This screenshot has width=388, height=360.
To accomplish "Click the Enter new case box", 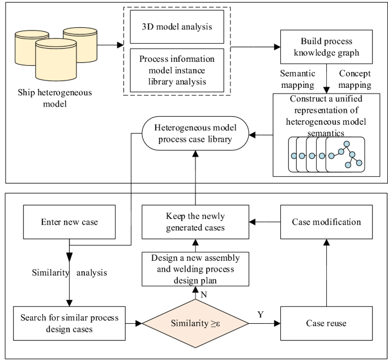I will tap(70, 222).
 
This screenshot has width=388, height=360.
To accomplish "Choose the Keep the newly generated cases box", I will tap(195, 222).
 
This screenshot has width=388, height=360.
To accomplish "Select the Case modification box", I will tap(326, 222).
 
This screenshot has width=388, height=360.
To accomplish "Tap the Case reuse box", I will tap(326, 323).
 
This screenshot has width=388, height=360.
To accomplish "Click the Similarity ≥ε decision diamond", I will tap(195, 324).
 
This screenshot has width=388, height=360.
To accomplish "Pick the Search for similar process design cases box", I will tap(70, 323).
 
